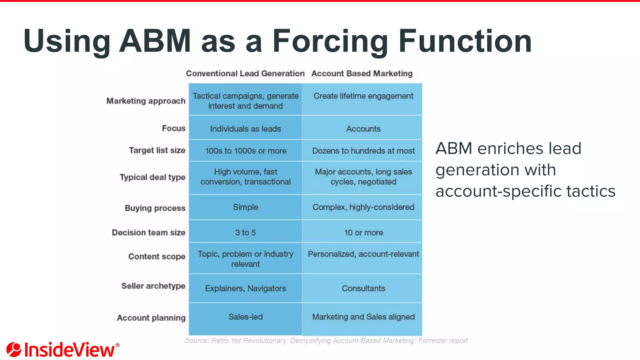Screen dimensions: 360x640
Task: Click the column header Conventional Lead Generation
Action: click(x=245, y=73)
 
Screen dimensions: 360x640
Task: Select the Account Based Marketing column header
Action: click(x=362, y=73)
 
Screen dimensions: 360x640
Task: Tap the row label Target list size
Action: click(x=157, y=150)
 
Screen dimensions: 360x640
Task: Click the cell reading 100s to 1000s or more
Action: click(x=246, y=151)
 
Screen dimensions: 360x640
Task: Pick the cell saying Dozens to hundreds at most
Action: click(x=363, y=151)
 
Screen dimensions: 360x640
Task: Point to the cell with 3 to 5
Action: click(x=245, y=232)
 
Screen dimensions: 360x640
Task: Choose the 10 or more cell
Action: click(x=363, y=232)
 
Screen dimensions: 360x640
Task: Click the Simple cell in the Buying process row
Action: click(x=246, y=207)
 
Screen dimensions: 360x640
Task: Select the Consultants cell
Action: click(x=363, y=288)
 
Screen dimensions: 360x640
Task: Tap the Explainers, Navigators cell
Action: click(x=246, y=288)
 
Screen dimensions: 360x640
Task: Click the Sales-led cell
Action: click(x=246, y=317)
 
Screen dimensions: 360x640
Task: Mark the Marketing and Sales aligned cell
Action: click(x=363, y=317)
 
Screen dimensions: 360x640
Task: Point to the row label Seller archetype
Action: click(x=153, y=286)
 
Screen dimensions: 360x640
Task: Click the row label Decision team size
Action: click(x=148, y=232)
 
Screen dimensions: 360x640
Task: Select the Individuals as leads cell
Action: click(x=246, y=129)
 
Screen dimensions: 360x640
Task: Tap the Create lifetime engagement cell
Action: click(x=363, y=96)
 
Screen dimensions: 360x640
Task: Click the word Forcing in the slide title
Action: click(x=330, y=41)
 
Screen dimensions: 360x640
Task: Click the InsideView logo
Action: click(x=62, y=349)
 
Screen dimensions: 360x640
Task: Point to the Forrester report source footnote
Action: click(x=326, y=341)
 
